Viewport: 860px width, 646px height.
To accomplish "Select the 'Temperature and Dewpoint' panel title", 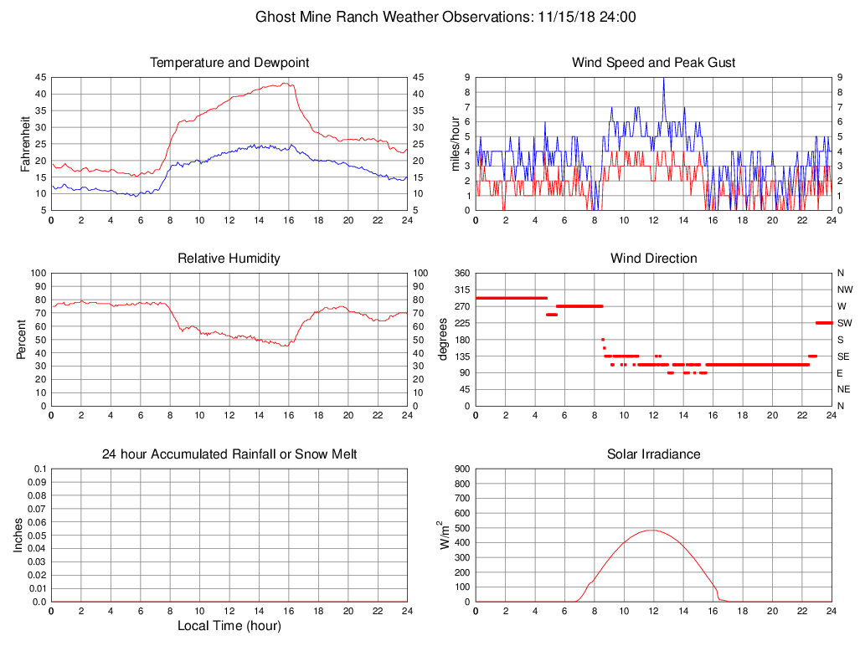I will pos(229,63).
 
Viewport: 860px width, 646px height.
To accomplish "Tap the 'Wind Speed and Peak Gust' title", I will pos(653,63).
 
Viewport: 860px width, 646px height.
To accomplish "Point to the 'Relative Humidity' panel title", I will pos(229,259).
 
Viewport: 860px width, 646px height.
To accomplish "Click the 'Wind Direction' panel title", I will pos(653,259).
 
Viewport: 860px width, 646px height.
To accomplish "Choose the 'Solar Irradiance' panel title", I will pos(653,454).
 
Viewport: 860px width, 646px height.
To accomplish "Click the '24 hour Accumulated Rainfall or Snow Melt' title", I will pos(229,454).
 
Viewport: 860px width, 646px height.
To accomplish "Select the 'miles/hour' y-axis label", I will pos(456,143).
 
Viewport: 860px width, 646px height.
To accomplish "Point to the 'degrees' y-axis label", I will pos(444,339).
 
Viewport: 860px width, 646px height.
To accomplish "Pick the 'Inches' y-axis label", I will pos(18,535).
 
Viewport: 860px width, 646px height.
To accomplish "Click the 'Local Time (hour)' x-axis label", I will pos(229,625).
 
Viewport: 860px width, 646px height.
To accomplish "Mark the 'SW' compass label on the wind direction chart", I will pos(845,323).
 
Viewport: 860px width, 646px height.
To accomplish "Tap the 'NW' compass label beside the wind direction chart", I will pos(845,290).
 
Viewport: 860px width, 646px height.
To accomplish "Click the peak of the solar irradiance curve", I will pos(651,530).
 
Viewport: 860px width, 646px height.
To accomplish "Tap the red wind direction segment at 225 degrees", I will pos(824,323).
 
